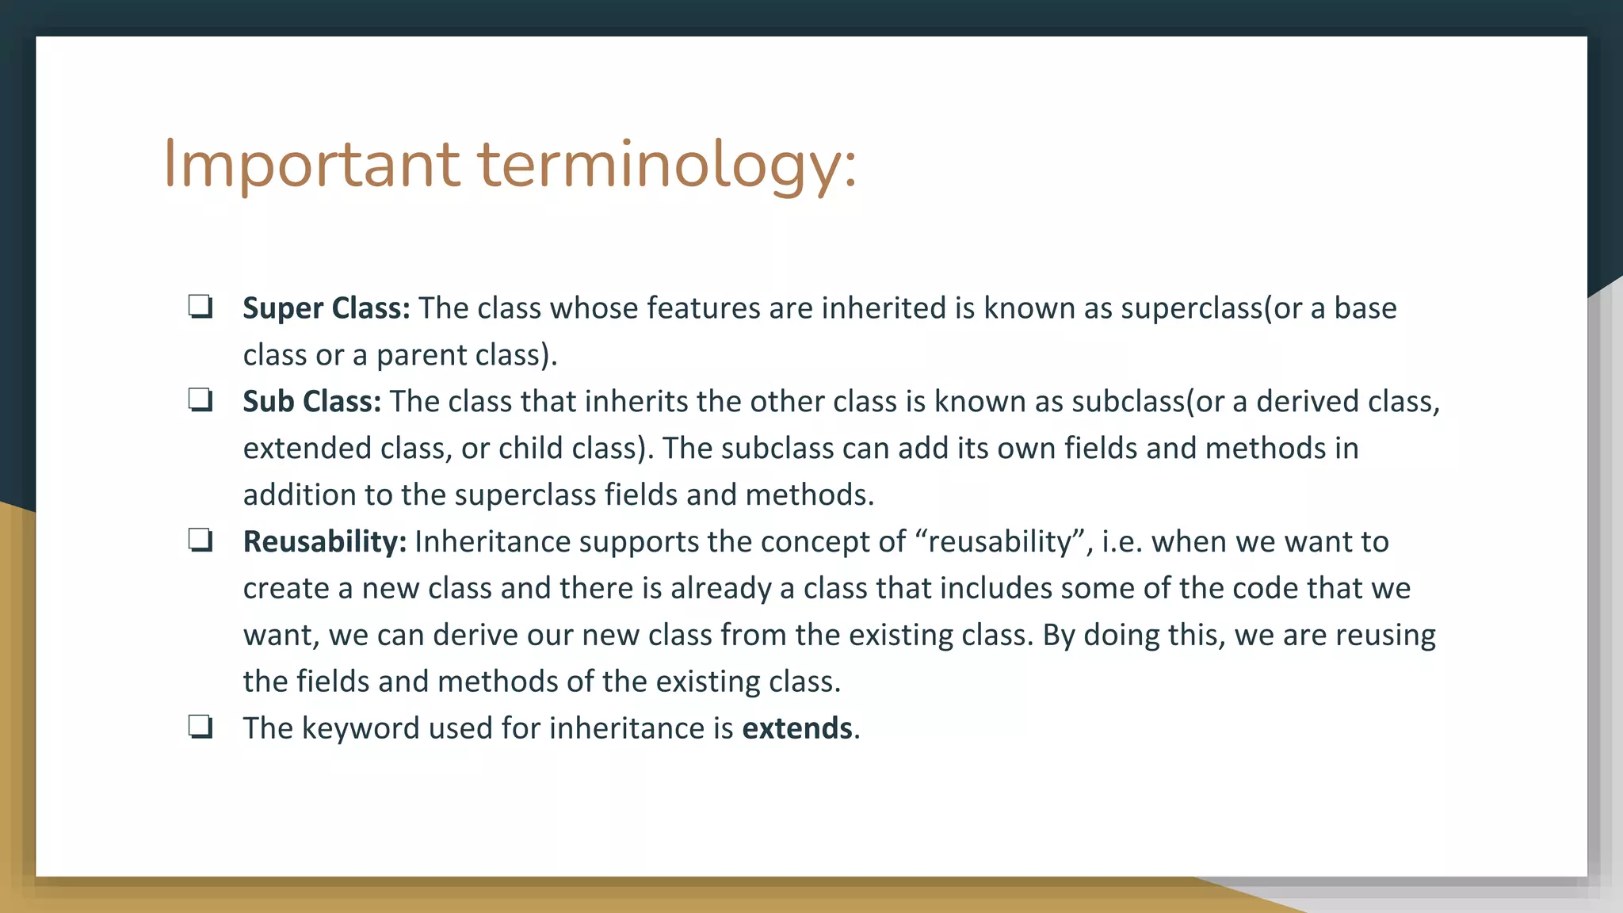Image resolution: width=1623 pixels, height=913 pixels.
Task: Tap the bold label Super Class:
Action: click(326, 308)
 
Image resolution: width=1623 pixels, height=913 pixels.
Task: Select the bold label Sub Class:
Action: click(311, 402)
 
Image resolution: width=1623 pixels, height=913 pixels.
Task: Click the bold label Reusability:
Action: click(324, 542)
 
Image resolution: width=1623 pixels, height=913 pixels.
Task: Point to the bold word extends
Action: click(796, 728)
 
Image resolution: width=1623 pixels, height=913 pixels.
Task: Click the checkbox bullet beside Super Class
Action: click(200, 307)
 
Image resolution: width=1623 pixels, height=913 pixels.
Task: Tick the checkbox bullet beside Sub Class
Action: click(200, 400)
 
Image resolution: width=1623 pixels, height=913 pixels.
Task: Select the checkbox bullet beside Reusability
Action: click(200, 541)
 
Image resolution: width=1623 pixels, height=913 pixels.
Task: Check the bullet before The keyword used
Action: click(200, 727)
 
